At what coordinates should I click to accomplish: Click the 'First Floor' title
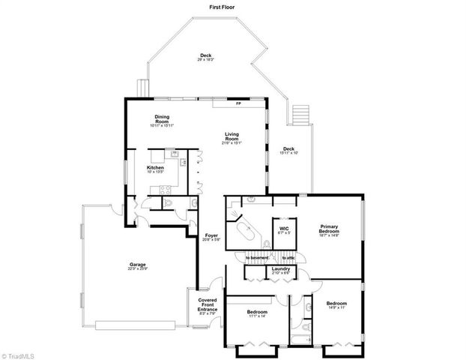coord(224,7)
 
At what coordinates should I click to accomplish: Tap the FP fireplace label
coord(238,103)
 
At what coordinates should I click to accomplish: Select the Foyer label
coord(211,238)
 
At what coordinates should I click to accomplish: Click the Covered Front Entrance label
coord(207,305)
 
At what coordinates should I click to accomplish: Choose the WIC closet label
coord(284,229)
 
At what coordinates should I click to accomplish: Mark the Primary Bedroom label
coord(330,231)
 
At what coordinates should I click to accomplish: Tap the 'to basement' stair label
coord(257,259)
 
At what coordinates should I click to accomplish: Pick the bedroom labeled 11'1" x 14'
coord(257,313)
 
